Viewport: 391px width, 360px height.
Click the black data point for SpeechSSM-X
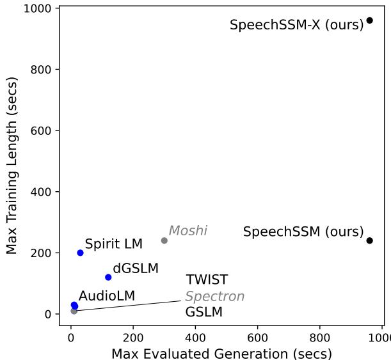tap(369, 20)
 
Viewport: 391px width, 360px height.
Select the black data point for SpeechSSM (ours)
tap(369, 240)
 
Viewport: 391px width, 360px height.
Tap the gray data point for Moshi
tap(164, 240)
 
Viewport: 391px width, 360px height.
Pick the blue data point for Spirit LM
tap(80, 253)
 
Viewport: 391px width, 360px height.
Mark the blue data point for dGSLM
tap(108, 277)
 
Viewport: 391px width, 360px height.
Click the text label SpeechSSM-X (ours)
tap(296, 26)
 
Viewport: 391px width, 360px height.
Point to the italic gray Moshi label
tap(188, 231)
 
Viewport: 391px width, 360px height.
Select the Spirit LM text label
tap(113, 244)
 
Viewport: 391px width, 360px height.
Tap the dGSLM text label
tap(135, 269)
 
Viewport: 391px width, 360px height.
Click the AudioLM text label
tap(107, 296)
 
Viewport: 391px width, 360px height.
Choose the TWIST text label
tap(207, 280)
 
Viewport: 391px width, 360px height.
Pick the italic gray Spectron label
tap(214, 297)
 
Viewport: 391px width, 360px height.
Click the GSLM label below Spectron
tap(203, 313)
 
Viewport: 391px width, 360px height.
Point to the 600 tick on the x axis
tap(258, 336)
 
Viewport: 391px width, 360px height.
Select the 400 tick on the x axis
tap(195, 336)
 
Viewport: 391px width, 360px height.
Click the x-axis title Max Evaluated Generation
tap(221, 353)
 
